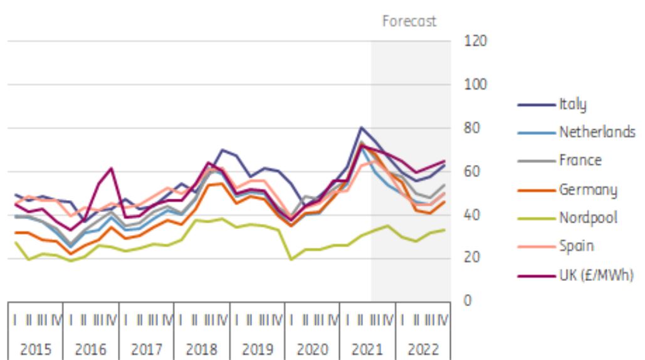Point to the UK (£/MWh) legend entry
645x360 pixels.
(x=592, y=274)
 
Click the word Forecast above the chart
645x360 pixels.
(x=410, y=21)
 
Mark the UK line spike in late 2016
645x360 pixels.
(x=111, y=168)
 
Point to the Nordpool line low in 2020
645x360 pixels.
(x=291, y=259)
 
